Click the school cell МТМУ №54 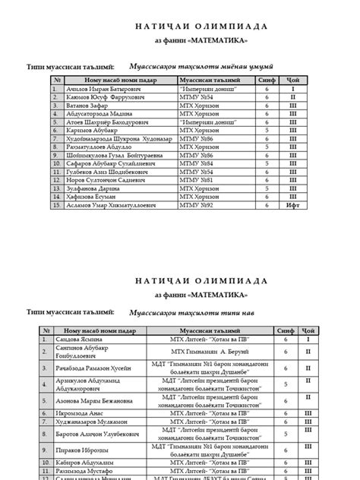click(x=196, y=98)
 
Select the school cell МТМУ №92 click(x=196, y=205)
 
